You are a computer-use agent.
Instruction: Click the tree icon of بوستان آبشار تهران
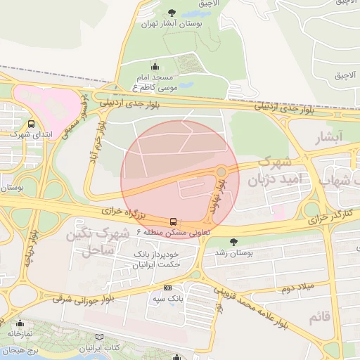click(172, 13)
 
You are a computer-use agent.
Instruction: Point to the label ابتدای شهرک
click(30, 134)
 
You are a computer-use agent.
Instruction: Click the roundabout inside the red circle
click(221, 171)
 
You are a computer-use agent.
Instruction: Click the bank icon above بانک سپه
click(167, 288)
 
